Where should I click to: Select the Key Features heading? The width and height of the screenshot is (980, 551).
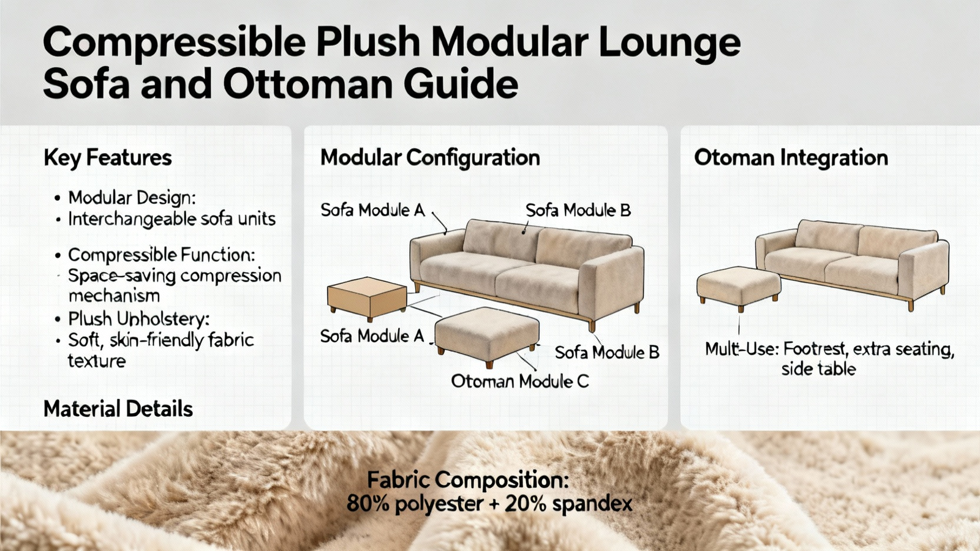click(x=108, y=158)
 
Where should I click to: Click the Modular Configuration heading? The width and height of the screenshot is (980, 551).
click(x=430, y=158)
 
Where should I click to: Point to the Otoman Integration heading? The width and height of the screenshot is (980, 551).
click(x=791, y=158)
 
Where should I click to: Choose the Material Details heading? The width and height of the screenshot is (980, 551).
click(x=118, y=410)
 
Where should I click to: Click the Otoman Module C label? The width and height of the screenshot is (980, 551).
click(x=520, y=381)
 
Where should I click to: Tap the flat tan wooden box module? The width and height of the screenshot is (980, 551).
click(x=367, y=298)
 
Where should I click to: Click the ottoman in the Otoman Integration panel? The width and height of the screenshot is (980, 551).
click(x=739, y=288)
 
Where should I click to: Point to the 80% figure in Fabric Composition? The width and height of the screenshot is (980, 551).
click(x=368, y=504)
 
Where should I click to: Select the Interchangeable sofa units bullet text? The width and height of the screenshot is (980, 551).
click(x=172, y=219)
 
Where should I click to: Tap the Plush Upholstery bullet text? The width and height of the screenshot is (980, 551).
click(x=138, y=320)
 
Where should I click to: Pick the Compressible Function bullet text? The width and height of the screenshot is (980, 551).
click(x=162, y=255)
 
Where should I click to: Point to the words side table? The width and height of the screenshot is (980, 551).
click(x=818, y=370)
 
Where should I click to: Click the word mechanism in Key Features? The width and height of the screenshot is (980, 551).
click(x=114, y=296)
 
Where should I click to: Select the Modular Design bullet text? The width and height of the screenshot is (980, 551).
click(x=132, y=198)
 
